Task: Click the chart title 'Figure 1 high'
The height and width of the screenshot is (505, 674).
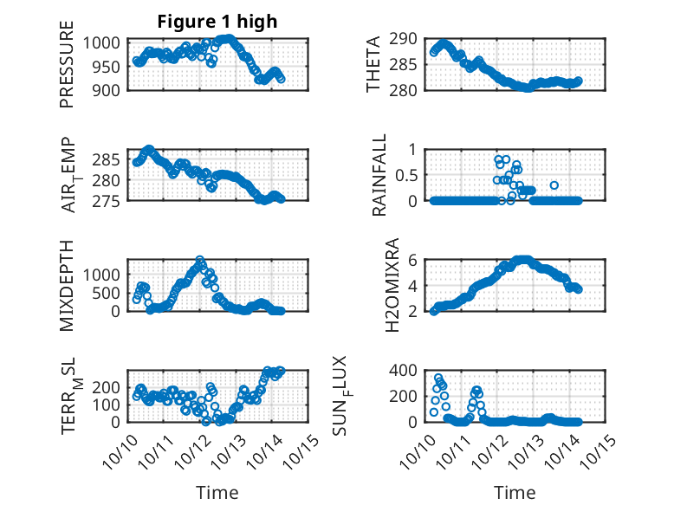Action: click(217, 22)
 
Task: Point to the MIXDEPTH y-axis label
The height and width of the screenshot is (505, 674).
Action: click(67, 285)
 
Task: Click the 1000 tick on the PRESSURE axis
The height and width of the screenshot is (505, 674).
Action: click(109, 42)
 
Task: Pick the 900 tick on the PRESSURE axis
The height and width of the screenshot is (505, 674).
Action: click(113, 89)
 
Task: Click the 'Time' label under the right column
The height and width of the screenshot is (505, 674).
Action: click(515, 492)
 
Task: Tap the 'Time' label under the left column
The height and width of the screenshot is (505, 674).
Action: click(217, 492)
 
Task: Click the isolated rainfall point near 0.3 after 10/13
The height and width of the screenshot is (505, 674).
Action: click(554, 185)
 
